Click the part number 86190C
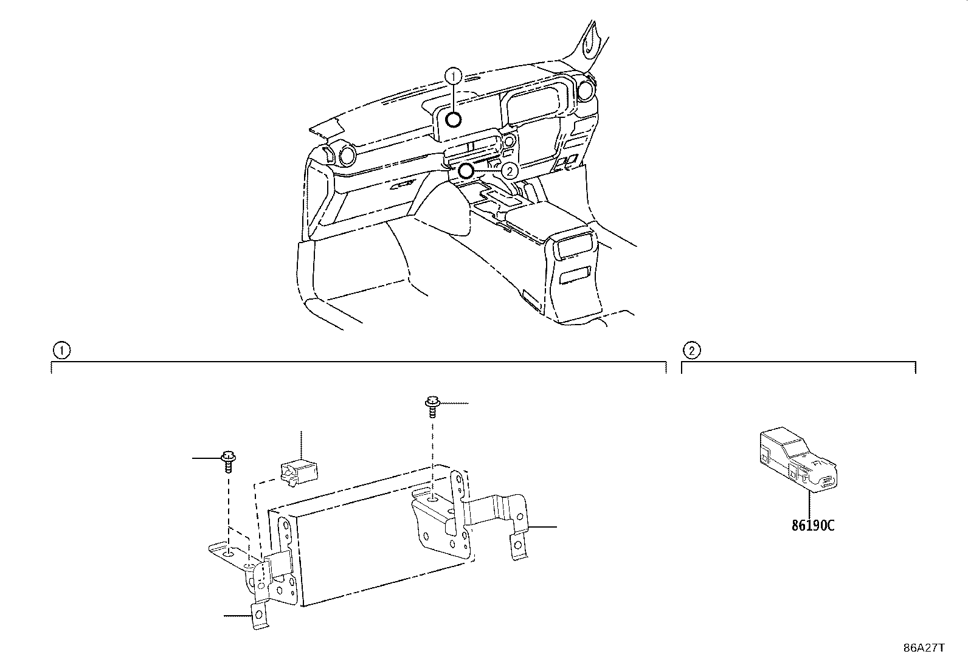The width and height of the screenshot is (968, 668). pos(813,525)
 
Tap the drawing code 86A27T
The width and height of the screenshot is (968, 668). pos(924,648)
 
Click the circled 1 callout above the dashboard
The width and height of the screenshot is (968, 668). pos(454,77)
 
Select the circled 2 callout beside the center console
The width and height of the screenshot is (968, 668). pos(510,171)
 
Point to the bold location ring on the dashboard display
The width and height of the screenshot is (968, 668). pos(454,119)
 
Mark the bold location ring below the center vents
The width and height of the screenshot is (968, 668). pos(466,171)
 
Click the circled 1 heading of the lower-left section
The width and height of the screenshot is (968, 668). pos(61,351)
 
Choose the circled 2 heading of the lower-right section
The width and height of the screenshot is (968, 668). pos(691,351)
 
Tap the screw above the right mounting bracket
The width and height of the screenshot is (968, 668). pos(432,407)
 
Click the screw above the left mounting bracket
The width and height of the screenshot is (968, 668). pos(228,461)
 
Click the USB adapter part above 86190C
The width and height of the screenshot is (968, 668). pos(798,459)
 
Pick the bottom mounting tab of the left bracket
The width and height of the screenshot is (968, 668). pos(259,615)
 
